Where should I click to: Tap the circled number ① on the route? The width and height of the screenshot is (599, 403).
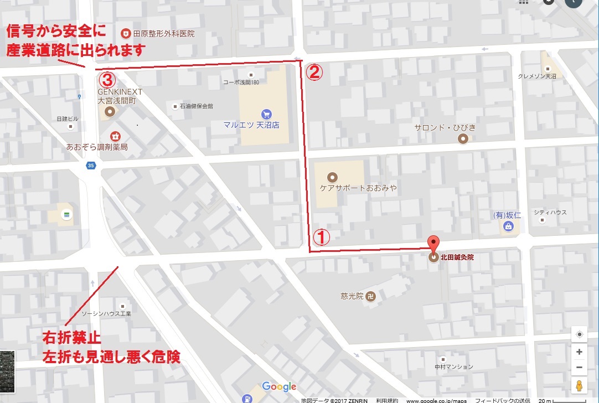click(322, 237)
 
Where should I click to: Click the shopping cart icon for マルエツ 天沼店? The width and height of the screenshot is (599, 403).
click(267, 113)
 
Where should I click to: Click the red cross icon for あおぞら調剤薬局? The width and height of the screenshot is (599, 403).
click(115, 136)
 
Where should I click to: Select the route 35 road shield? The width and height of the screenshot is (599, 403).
click(90, 165)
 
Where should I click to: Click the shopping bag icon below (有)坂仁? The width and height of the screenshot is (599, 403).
click(508, 226)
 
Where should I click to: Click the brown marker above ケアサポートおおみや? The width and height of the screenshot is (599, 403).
click(332, 178)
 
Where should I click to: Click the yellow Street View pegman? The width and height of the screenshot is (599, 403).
click(579, 385)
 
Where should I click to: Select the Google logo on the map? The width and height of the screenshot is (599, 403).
click(279, 386)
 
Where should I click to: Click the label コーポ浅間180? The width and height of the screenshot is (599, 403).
click(240, 82)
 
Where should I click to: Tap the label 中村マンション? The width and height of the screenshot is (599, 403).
click(454, 366)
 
